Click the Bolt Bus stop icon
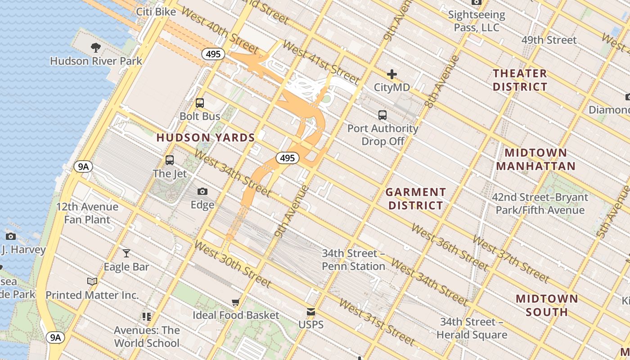pyautogui.click(x=200, y=103)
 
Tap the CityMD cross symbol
pyautogui.click(x=392, y=74)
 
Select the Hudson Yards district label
pyautogui.click(x=206, y=138)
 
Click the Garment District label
pyautogui.click(x=416, y=199)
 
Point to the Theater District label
pyautogui.click(x=520, y=80)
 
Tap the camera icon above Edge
pyautogui.click(x=202, y=192)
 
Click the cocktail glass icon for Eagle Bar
pyautogui.click(x=126, y=253)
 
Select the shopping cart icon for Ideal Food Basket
pyautogui.click(x=235, y=302)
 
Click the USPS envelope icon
pyautogui.click(x=311, y=312)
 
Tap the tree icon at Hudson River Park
pyautogui.click(x=95, y=47)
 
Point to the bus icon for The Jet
pyautogui.click(x=170, y=160)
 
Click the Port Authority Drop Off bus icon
pyautogui.click(x=382, y=115)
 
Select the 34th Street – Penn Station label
pyautogui.click(x=353, y=260)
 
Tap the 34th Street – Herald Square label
pyautogui.click(x=472, y=328)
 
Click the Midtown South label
pyautogui.click(x=547, y=305)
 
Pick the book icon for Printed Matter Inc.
pyautogui.click(x=92, y=282)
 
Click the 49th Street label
pyautogui.click(x=549, y=40)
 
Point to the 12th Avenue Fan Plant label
pyautogui.click(x=87, y=213)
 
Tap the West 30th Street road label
pyautogui.click(x=232, y=264)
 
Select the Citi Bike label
pyautogui.click(x=156, y=12)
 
